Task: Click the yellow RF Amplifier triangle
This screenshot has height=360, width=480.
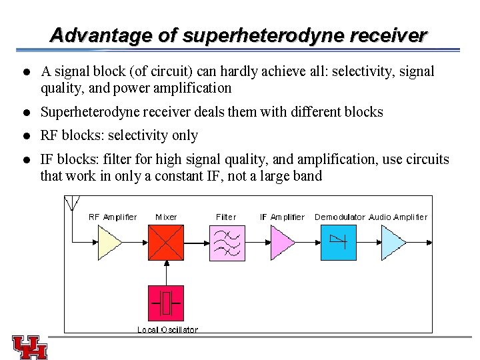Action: (108, 242)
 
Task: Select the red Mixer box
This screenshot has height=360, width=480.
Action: (166, 243)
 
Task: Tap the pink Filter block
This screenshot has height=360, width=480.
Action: (227, 243)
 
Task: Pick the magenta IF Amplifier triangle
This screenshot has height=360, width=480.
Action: (281, 243)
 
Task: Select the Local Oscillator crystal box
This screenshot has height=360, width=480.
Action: (166, 304)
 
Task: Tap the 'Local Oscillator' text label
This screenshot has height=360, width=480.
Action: (167, 329)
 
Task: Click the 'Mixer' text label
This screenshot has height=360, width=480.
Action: (166, 217)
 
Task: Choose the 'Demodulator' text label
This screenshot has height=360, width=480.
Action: (340, 217)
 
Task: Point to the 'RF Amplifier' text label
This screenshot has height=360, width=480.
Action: (113, 217)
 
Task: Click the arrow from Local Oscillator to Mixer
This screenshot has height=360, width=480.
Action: (166, 273)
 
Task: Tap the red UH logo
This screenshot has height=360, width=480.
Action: (30, 347)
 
